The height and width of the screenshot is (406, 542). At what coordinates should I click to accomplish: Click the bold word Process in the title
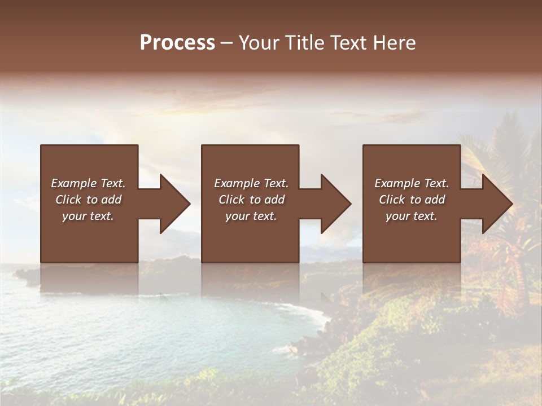coord(177,43)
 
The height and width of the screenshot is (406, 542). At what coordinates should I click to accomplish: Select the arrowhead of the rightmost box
coord(496,204)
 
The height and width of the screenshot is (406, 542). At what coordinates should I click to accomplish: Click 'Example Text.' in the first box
coord(88,183)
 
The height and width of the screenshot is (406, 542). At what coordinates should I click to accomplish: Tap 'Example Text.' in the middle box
coord(251,183)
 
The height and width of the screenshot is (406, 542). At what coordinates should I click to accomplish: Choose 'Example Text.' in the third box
coord(412,183)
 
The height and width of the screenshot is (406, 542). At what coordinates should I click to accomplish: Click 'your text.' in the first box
coord(88,216)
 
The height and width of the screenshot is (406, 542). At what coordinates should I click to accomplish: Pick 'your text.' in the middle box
coord(251,216)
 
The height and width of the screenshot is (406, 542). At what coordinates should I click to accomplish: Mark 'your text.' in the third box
coord(412,216)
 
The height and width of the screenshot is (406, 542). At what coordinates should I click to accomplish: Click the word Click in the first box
coord(69,200)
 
